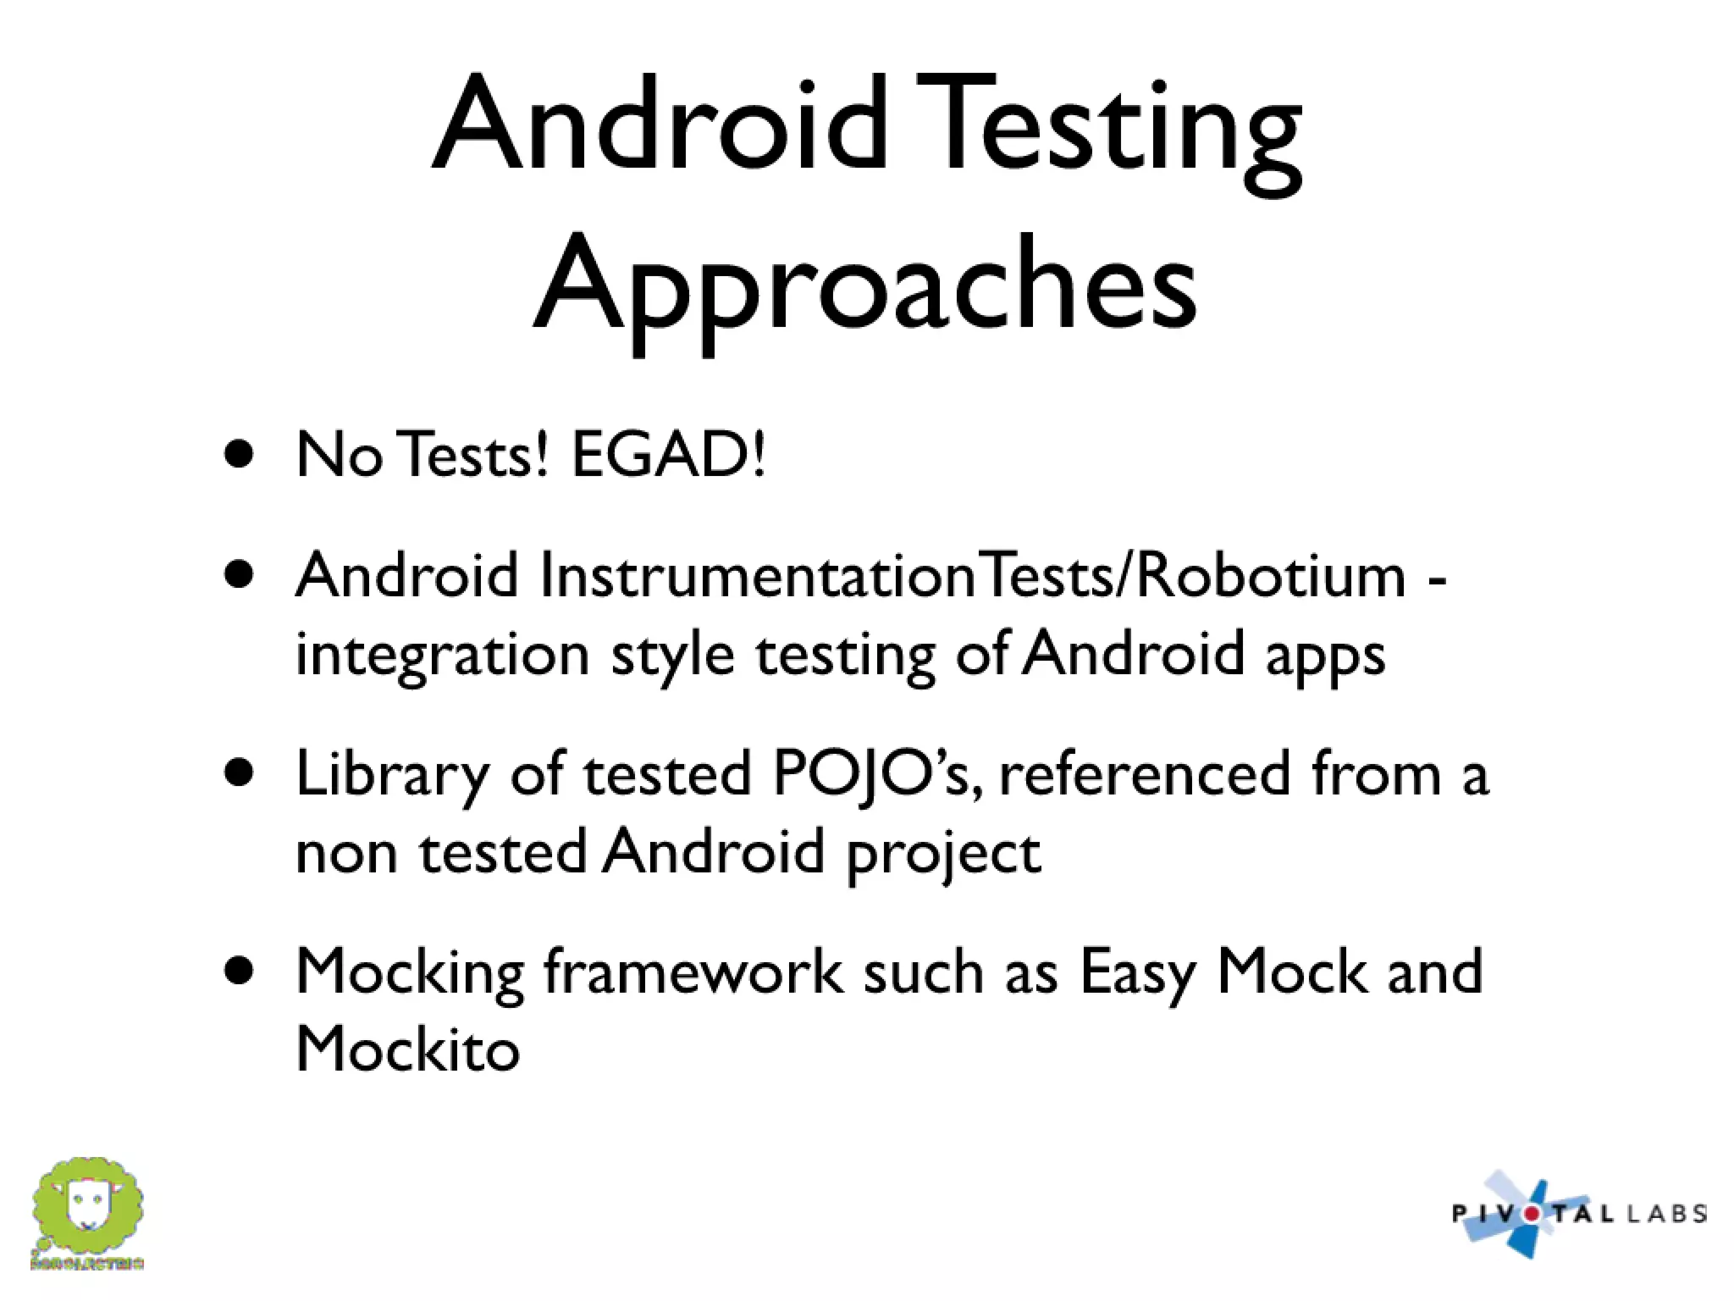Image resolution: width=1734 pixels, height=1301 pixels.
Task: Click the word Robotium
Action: coord(1270,576)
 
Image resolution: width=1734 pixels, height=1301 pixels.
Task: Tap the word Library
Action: coord(392,775)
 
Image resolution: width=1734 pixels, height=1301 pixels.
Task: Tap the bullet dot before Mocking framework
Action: coord(240,971)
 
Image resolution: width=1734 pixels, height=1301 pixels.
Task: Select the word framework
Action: coord(693,972)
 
